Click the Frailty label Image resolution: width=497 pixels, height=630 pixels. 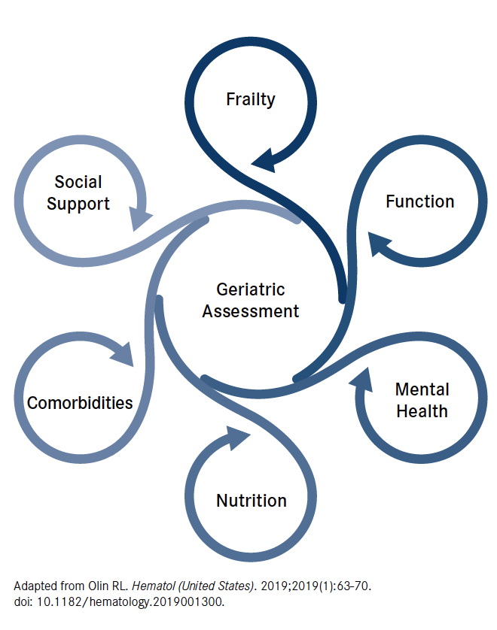coord(250,100)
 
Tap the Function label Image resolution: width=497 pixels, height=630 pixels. coord(419,201)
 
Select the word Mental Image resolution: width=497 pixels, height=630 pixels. coord(422,389)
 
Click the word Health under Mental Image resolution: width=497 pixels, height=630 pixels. coord(422,411)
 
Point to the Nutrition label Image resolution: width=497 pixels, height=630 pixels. coord(252,501)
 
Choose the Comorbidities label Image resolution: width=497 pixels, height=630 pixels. coord(80,403)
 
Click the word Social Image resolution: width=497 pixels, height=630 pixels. coord(78,182)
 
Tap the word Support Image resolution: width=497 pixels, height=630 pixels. coord(78,204)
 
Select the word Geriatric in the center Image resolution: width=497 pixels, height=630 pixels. coord(250,289)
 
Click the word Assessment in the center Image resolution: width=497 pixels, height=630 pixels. coord(250,311)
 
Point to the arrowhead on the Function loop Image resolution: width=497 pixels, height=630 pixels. coord(378,243)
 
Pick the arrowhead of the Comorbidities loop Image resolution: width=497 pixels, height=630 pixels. coord(123,354)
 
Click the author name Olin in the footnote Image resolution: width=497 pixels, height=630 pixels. coord(98,586)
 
